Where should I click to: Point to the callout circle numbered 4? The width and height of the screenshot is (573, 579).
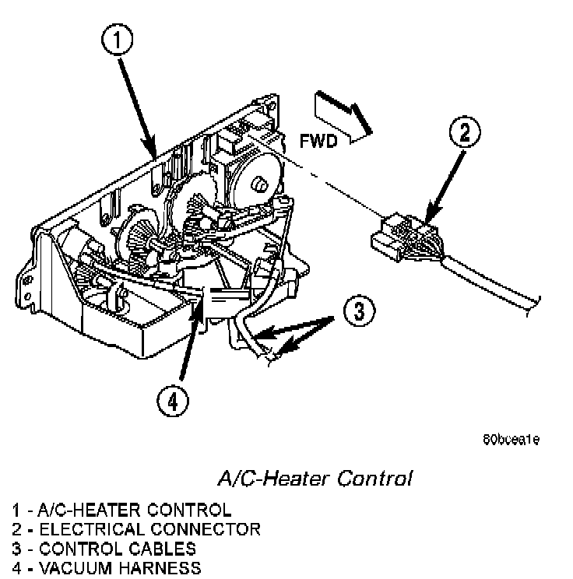(x=172, y=402)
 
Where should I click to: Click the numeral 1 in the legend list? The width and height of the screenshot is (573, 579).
(x=15, y=511)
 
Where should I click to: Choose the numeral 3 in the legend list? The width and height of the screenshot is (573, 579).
(x=16, y=549)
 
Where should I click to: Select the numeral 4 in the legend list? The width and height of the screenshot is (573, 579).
(x=16, y=568)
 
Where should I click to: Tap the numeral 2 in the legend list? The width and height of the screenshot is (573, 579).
(x=16, y=530)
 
